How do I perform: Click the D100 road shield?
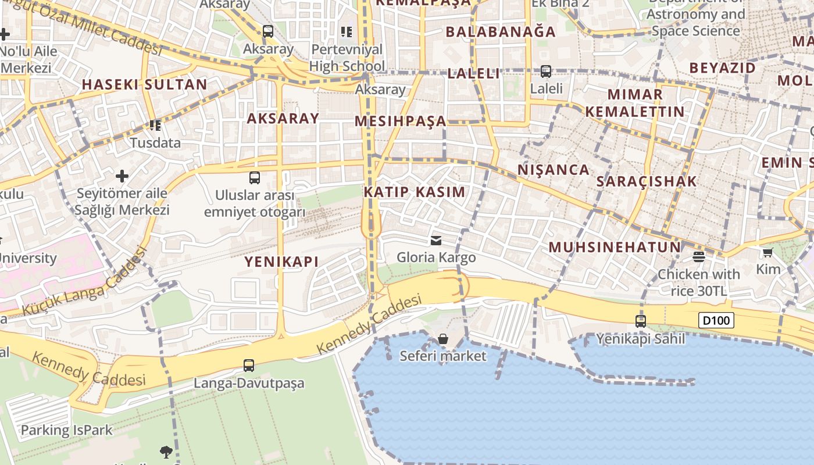point(716,320)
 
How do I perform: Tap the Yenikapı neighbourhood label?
point(281,262)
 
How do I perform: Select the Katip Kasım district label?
point(415,192)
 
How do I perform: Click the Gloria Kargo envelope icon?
point(436,241)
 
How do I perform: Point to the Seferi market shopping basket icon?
point(443,339)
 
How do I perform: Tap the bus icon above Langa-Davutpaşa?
point(249,366)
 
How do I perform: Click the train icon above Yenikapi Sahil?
point(641,321)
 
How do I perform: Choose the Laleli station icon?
point(546,71)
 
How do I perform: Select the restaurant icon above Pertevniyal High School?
point(347,31)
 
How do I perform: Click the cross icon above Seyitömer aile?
point(122,176)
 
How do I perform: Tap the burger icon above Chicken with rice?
point(699,256)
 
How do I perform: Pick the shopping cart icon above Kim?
point(768,252)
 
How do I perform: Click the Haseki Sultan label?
point(144,84)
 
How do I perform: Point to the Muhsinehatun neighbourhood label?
point(615,247)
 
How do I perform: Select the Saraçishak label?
point(647,181)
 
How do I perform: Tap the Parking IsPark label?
point(66,431)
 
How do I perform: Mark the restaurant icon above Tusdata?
point(155,126)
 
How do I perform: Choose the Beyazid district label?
point(723,68)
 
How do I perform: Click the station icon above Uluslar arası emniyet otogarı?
point(255,178)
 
